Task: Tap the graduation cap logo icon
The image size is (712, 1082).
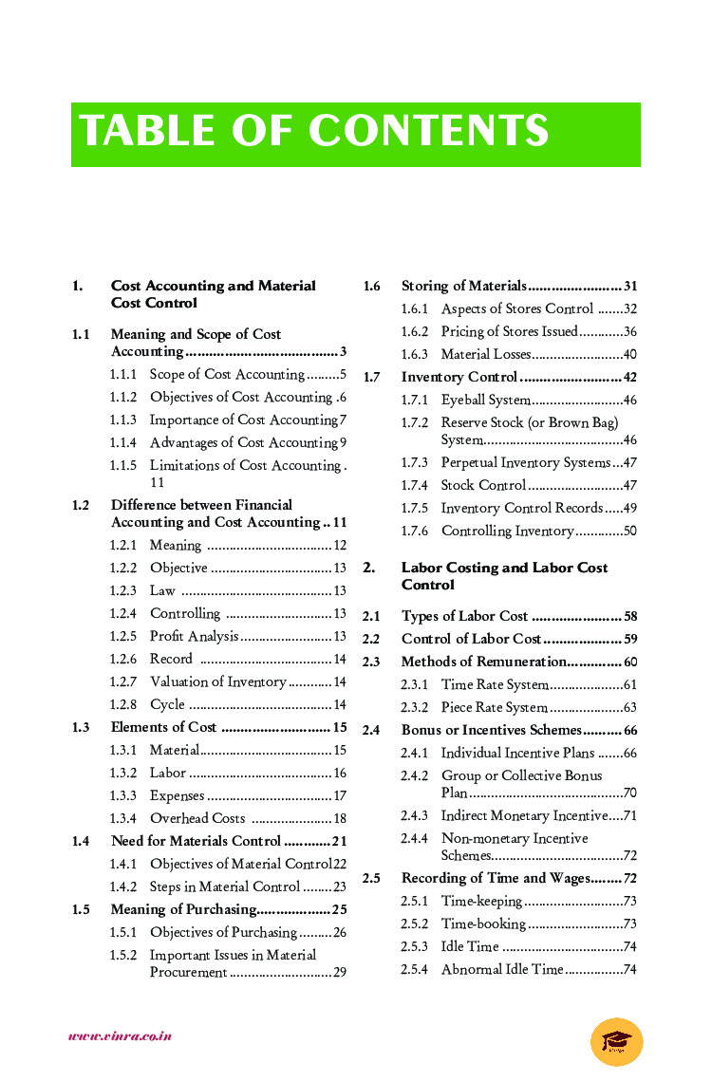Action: [x=616, y=1041]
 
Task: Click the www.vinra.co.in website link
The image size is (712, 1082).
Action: [x=120, y=1036]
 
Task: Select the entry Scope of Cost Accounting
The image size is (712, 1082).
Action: [x=227, y=375]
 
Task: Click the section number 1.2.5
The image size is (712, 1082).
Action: [x=122, y=637]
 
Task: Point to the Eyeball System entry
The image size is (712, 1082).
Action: [x=485, y=401]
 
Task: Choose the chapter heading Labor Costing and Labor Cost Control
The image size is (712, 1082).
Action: [x=504, y=576]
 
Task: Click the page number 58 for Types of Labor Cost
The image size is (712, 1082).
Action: [x=630, y=617]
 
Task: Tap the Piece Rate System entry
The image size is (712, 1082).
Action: [x=494, y=708]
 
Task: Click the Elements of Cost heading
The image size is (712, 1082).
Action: [x=163, y=728]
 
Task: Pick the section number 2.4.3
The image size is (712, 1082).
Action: [x=414, y=816]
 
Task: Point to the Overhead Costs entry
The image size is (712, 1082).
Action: [x=197, y=819]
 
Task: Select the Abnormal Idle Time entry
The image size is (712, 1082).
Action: [x=501, y=970]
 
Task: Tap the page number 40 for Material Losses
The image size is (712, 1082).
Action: [x=629, y=355]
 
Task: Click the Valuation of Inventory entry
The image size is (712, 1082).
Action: [x=217, y=682]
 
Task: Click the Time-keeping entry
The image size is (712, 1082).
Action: [x=481, y=902]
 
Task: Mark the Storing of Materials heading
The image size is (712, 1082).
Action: [x=463, y=287]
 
